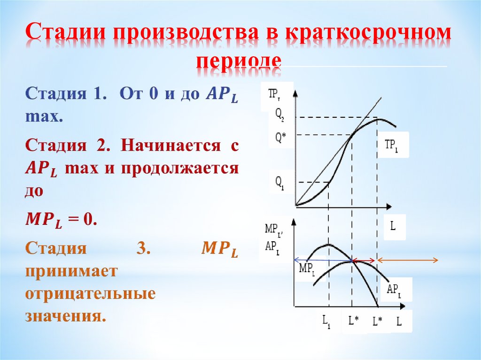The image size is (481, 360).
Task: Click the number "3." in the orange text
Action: pos(143,249)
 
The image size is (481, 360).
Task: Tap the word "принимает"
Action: pos(70,272)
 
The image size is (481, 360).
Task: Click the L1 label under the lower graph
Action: pos(326,322)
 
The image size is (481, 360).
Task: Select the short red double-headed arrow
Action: pos(364,260)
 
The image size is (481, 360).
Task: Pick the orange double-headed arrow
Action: pos(408,260)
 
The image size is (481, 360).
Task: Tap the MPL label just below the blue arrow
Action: pos(307,269)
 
